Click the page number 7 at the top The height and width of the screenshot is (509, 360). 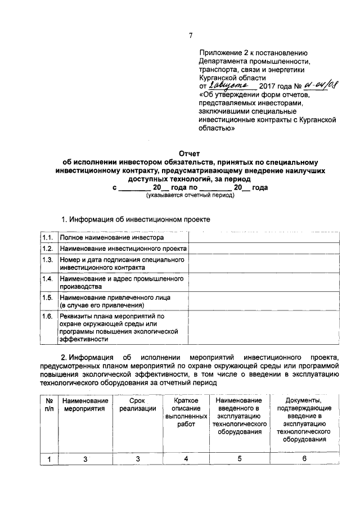click(x=191, y=35)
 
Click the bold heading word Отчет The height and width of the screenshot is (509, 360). click(x=189, y=153)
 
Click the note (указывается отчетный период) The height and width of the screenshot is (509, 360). click(x=190, y=195)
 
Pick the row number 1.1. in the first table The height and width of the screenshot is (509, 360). click(x=47, y=238)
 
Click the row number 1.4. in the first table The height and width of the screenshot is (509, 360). click(x=47, y=278)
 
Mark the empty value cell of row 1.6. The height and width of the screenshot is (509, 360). click(x=265, y=328)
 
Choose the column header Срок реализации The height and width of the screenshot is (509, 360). click(x=137, y=404)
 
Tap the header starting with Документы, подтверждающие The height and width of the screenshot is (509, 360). click(x=304, y=420)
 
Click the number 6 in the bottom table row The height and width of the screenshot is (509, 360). click(x=304, y=458)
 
